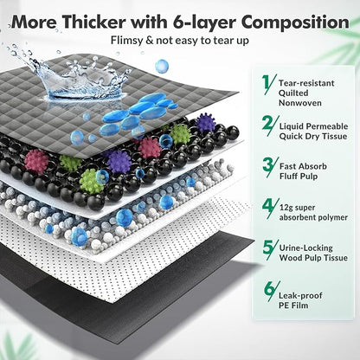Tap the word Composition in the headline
click(295, 22)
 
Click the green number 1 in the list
click(267, 83)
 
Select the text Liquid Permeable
click(313, 126)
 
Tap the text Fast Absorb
click(303, 166)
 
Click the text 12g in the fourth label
click(286, 208)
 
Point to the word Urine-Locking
click(305, 248)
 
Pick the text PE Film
click(293, 305)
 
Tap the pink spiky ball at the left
click(36, 160)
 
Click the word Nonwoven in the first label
click(300, 103)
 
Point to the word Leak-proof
click(300, 296)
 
